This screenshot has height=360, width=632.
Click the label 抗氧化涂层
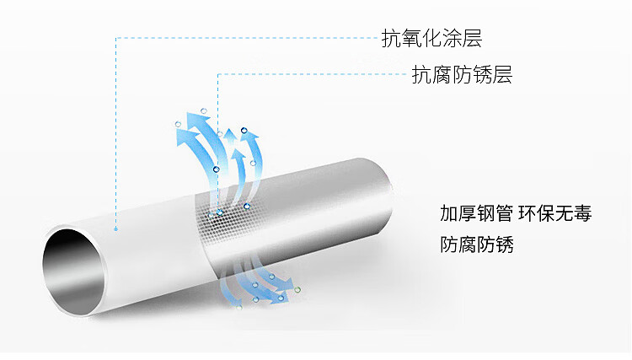[431, 38]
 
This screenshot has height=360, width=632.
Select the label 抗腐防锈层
[462, 74]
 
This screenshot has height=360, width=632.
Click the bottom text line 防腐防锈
[477, 245]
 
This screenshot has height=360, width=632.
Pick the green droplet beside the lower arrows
[297, 289]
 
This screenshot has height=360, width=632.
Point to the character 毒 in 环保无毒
[582, 213]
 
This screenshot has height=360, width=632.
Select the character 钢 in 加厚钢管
[489, 213]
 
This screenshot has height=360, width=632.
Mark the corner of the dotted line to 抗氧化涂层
[115, 38]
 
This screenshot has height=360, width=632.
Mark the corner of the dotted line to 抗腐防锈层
[218, 74]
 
